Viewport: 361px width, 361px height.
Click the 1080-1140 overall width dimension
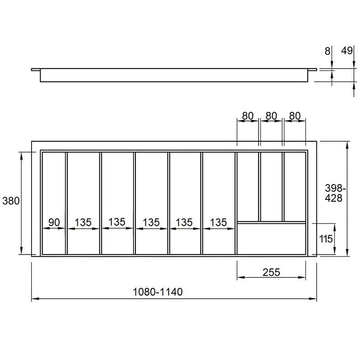click(x=157, y=292)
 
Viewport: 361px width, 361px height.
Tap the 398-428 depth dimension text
click(x=335, y=193)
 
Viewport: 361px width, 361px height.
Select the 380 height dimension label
click(x=11, y=201)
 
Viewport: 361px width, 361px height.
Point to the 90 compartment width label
click(x=54, y=222)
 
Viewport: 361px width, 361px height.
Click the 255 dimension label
click(x=271, y=273)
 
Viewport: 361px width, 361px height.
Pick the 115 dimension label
click(x=326, y=239)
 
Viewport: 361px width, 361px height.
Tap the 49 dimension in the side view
click(x=347, y=51)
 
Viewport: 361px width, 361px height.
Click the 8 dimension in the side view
click(x=328, y=51)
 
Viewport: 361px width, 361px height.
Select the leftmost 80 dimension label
click(x=248, y=116)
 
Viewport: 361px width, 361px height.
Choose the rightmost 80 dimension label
click(x=295, y=116)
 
